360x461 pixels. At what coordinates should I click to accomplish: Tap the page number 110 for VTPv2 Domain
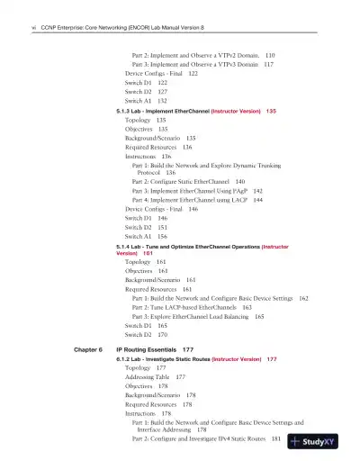point(270,54)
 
